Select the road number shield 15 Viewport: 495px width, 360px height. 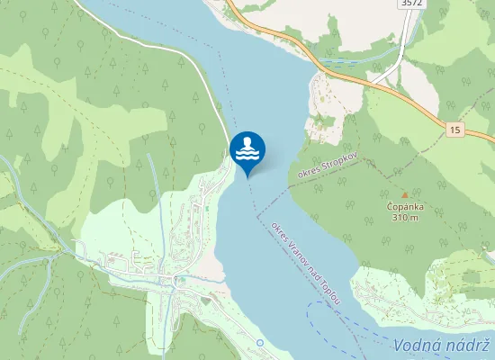[454, 130]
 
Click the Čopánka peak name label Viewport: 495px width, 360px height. [404, 206]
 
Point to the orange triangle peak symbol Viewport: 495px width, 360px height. [404, 193]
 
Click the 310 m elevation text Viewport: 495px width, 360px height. [404, 218]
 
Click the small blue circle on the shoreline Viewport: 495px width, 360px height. [259, 343]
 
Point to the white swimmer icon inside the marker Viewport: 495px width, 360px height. [247, 145]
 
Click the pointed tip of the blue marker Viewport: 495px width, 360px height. [247, 177]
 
